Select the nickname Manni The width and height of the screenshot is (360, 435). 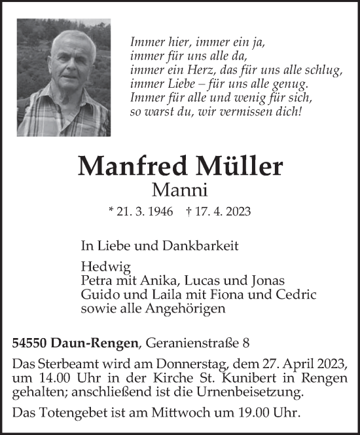[179, 190]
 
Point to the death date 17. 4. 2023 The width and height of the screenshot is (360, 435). [225, 212]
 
